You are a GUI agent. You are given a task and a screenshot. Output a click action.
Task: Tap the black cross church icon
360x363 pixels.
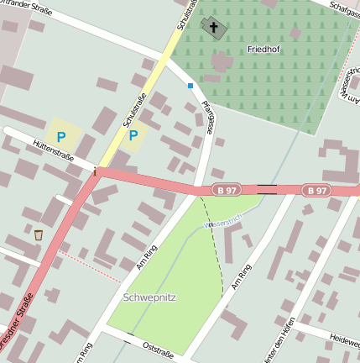(213, 29)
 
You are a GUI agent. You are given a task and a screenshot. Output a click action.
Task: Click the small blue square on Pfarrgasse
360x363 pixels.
(190, 85)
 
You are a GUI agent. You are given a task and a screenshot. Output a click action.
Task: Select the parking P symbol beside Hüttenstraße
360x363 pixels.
(60, 135)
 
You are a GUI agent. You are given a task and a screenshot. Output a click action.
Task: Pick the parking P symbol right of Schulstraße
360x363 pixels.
(133, 135)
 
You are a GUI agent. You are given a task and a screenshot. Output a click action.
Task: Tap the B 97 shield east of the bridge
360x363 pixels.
(316, 191)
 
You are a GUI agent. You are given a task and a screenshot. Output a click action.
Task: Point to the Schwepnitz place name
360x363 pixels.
(149, 297)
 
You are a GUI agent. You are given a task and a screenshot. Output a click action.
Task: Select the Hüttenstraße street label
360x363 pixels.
(54, 152)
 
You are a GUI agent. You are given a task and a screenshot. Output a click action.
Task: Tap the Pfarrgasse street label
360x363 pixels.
(204, 118)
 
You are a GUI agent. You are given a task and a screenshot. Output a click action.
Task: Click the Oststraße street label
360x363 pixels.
(157, 348)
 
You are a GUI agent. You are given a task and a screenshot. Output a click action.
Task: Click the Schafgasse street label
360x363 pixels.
(345, 8)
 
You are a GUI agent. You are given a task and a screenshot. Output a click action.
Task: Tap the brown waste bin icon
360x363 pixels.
(39, 234)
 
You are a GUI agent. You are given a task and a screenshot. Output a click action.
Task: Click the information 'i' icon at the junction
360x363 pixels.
(95, 172)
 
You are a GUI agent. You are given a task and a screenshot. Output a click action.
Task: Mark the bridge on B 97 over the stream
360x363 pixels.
(268, 189)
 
